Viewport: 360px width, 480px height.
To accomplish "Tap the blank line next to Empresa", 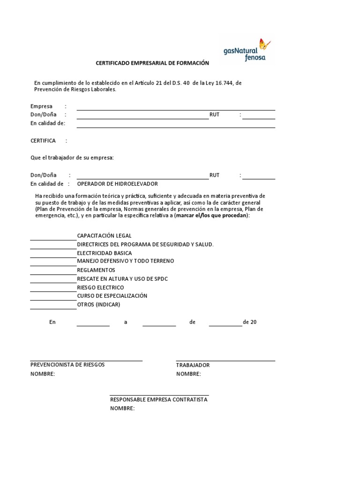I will [x=176, y=109].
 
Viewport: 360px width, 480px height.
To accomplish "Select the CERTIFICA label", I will [x=43, y=141].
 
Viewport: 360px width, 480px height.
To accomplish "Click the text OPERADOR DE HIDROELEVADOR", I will [x=117, y=184].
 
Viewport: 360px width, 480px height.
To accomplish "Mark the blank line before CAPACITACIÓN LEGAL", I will [x=53, y=239].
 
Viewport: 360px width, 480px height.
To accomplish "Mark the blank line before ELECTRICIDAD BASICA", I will [x=53, y=256].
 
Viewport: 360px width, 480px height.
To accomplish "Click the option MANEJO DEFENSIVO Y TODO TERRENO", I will [x=125, y=261].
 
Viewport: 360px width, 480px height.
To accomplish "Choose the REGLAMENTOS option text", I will [x=96, y=270].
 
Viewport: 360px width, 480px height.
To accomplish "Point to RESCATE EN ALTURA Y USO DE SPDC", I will [x=122, y=279].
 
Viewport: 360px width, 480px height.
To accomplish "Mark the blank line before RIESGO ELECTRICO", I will [x=53, y=291].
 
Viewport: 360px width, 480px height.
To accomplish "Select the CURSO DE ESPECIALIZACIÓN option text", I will [x=112, y=296].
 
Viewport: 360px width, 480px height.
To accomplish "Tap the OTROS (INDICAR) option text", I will [x=98, y=305].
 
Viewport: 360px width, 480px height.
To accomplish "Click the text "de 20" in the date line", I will [x=250, y=322].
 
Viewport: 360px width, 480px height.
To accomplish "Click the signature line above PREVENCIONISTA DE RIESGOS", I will [x=86, y=360].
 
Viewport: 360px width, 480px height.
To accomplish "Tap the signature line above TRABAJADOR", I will [x=225, y=360].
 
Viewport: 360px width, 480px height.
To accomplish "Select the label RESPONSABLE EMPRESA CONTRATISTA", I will [x=158, y=400].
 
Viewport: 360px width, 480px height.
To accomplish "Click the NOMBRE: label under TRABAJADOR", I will [x=188, y=374].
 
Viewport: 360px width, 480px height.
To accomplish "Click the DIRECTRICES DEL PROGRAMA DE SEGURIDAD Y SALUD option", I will [x=145, y=244].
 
